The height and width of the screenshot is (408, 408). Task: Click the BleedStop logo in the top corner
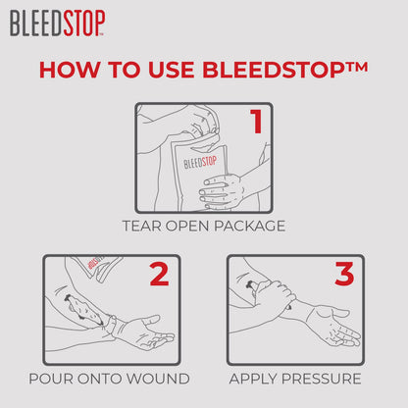pos(58,23)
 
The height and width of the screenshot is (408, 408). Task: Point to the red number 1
pos(255,123)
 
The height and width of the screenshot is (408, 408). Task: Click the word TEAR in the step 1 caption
pos(144,226)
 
